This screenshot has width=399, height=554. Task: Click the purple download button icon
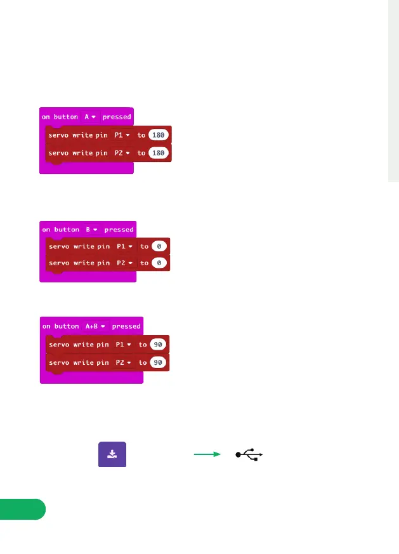point(112,454)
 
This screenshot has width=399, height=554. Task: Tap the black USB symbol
point(249,454)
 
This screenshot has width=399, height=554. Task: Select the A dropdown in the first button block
point(89,117)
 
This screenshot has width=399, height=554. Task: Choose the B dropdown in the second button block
point(92,229)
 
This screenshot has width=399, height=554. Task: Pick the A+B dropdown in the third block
point(95,326)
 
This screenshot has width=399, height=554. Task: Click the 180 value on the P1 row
point(159,135)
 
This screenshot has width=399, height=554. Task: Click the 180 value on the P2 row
point(159,153)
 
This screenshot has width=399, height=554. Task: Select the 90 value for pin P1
point(159,345)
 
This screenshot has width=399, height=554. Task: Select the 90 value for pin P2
point(159,362)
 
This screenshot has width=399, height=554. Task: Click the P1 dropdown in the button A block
point(121,135)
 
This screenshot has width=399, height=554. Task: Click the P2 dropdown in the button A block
point(121,153)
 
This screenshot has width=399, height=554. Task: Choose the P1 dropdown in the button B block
point(124,246)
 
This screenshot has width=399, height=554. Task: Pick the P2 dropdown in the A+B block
point(122,362)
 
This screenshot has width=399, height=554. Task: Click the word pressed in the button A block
point(117,117)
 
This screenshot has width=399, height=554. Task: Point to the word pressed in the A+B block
point(126,326)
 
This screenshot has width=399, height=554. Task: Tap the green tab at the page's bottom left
point(22,510)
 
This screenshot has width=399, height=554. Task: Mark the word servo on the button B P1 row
point(59,246)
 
